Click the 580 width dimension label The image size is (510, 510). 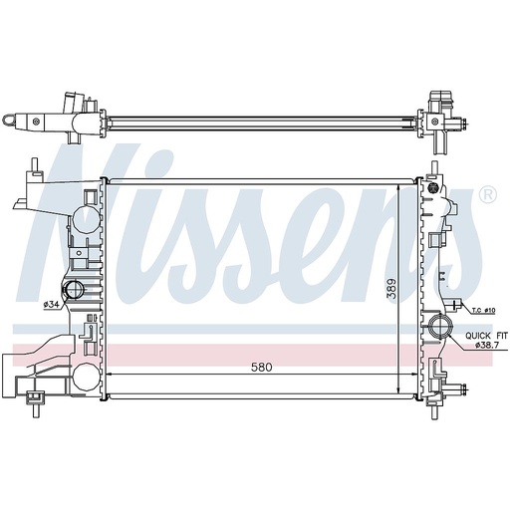262,368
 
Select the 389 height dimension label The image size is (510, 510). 392,289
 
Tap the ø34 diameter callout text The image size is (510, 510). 52,305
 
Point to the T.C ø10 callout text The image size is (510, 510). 484,311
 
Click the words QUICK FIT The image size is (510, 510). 486,336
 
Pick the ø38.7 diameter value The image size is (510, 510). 487,346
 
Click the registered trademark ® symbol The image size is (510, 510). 488,195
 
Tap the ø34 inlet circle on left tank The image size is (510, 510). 74,290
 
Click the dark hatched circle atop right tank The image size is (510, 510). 433,187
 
